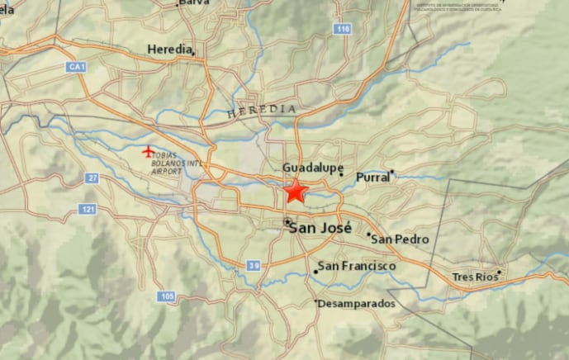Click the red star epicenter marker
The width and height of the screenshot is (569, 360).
(x=296, y=192)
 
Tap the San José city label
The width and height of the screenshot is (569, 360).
(x=320, y=227)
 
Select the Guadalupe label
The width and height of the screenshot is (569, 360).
(x=313, y=168)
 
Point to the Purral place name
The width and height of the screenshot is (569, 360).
(x=372, y=178)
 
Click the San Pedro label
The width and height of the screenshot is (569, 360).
(x=401, y=239)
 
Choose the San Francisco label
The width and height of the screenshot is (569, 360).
(x=357, y=266)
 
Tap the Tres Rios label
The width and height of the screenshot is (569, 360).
(x=476, y=277)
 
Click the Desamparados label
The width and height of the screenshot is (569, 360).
(x=357, y=304)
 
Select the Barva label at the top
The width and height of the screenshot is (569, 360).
(x=193, y=3)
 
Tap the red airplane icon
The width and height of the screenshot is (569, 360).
(x=148, y=151)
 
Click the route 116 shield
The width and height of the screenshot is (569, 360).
(x=343, y=29)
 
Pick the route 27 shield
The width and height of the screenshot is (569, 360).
(x=92, y=178)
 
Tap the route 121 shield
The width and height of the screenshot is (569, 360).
(x=88, y=209)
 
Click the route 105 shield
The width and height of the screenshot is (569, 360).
(x=168, y=296)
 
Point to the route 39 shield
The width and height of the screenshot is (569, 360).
(x=254, y=265)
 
